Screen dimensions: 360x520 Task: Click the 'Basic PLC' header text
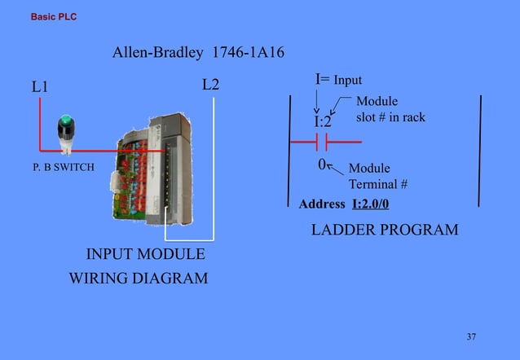(53, 16)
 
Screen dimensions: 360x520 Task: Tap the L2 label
(210, 85)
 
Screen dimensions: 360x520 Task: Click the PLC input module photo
(156, 172)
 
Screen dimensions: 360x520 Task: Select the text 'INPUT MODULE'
(145, 256)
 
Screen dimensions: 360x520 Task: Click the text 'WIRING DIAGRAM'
(138, 279)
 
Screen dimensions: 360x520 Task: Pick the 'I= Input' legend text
(338, 80)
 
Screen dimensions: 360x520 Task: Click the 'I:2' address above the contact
(324, 122)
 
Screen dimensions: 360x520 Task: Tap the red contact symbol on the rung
(322, 143)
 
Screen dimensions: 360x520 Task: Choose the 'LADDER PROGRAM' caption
(385, 230)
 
